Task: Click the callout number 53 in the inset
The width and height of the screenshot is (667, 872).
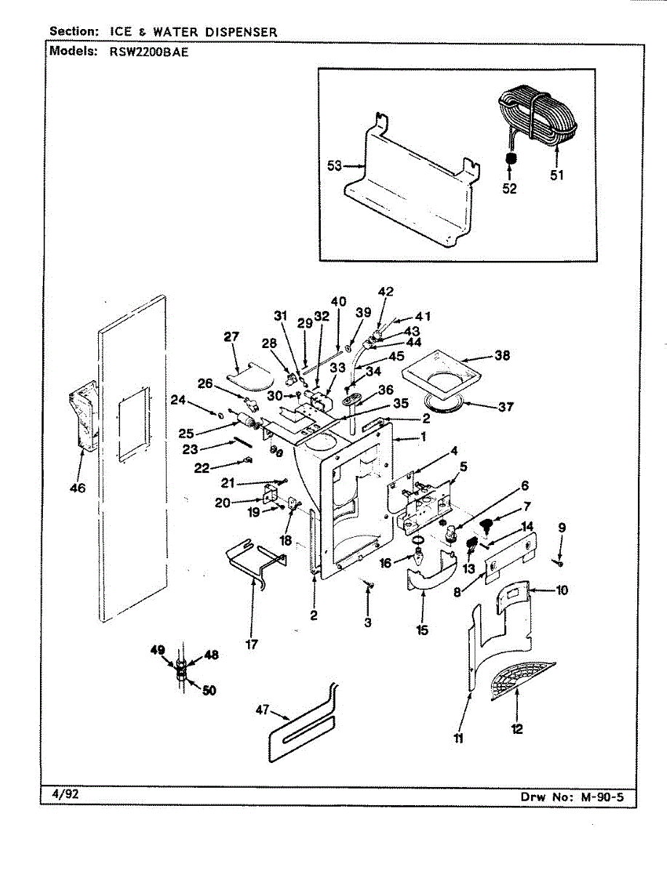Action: [334, 166]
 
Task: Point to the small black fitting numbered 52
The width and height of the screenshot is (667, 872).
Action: [511, 158]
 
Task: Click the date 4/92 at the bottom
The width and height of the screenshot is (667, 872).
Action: [64, 794]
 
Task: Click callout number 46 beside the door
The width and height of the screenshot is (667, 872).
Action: [78, 488]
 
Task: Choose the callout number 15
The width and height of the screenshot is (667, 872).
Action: [423, 630]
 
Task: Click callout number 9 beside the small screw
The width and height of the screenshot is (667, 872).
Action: [561, 528]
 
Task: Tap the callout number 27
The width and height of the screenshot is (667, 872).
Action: [231, 337]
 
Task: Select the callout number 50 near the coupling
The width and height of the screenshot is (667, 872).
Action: [209, 690]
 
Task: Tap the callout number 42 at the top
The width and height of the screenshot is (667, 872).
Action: [386, 291]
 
